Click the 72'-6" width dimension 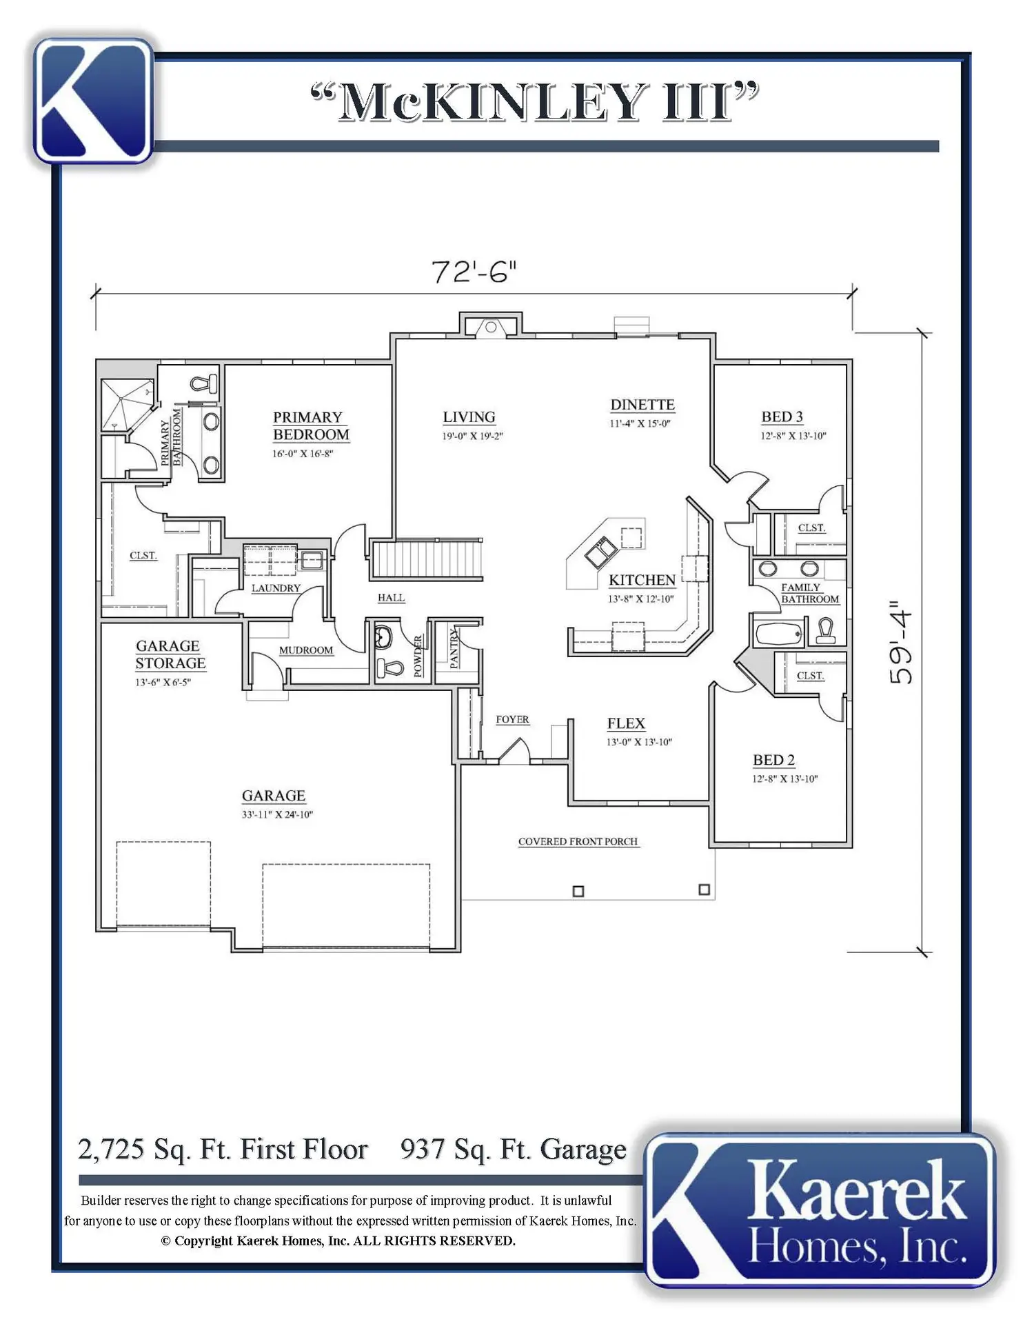(x=474, y=272)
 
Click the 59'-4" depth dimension (x=901, y=642)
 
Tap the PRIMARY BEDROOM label (x=311, y=426)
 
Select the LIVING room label (x=469, y=417)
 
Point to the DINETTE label (x=642, y=405)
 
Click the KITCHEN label (x=642, y=581)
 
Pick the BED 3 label (x=782, y=417)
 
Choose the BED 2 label (x=773, y=760)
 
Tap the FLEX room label (x=626, y=723)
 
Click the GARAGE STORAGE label (x=170, y=654)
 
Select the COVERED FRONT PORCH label (x=578, y=841)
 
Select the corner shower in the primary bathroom (x=127, y=405)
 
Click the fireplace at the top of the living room (x=490, y=325)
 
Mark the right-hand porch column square (x=704, y=890)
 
